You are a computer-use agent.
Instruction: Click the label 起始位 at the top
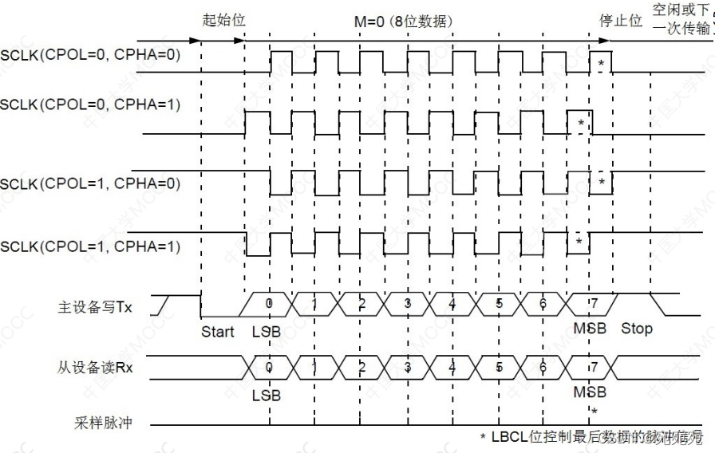tap(223, 20)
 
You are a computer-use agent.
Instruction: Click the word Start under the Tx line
tap(218, 330)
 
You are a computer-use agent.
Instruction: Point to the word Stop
tap(636, 328)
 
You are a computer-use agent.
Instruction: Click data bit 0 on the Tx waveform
tap(270, 304)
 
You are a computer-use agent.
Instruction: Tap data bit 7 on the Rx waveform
tap(591, 366)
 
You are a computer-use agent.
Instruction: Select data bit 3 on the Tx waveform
tap(408, 304)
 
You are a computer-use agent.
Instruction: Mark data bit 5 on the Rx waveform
tap(500, 366)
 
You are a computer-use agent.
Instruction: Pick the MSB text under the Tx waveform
tap(590, 329)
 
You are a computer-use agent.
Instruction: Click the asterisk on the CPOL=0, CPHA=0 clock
tap(601, 61)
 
